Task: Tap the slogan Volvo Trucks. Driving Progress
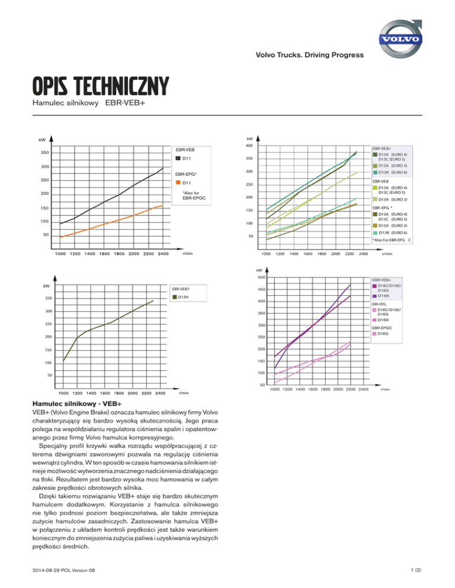[x=310, y=56]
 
